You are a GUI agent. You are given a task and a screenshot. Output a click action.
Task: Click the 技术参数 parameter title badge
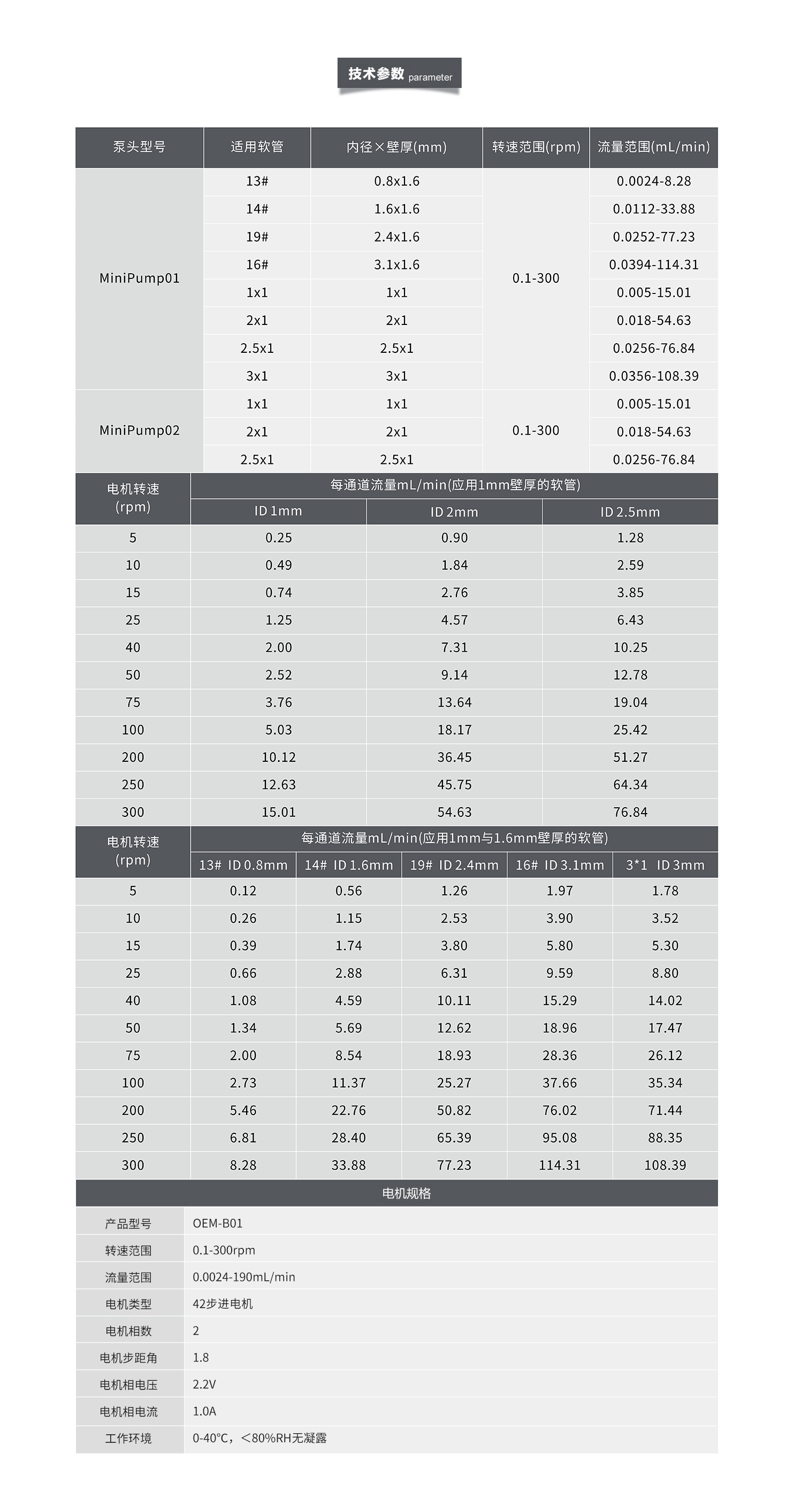pos(399,74)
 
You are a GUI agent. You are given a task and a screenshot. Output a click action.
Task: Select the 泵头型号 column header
pos(139,147)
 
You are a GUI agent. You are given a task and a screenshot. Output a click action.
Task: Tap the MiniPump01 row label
pos(139,279)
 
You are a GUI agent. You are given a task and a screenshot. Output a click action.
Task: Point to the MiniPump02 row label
pos(139,430)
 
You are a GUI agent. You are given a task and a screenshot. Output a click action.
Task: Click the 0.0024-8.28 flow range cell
pos(654,181)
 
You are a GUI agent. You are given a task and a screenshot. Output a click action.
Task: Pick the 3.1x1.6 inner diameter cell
pos(396,265)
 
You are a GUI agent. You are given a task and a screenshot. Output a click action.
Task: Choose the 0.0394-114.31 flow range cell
pos(654,265)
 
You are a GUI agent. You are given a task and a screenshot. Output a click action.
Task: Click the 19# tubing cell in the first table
pos(257,237)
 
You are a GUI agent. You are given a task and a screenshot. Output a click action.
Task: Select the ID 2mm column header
pos(454,512)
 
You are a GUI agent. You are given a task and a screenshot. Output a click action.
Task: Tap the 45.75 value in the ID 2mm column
pos(454,785)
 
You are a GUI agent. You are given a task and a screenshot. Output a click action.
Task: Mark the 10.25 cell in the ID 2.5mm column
pos(630,647)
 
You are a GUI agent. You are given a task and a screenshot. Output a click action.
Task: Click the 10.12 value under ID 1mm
pos(279,757)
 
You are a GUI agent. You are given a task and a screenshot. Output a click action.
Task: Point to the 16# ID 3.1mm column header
pos(559,865)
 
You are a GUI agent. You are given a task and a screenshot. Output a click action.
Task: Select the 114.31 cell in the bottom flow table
pos(559,1165)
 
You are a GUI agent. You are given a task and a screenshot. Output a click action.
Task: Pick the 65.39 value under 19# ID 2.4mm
pos(454,1138)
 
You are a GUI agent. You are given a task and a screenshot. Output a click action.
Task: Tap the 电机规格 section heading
pos(406,1194)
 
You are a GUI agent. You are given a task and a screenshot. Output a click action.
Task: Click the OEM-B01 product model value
pos(217,1223)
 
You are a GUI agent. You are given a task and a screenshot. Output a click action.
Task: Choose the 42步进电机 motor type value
pos(223,1304)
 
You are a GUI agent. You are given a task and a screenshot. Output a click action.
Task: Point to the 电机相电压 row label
pos(128,1385)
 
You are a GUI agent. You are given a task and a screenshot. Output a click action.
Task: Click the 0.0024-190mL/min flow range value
pos(243,1277)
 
